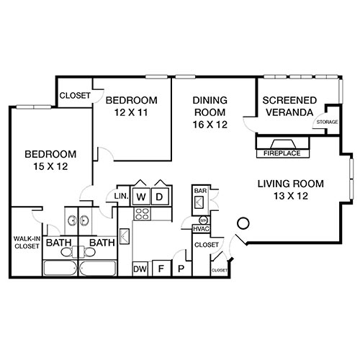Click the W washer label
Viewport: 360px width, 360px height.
point(142,196)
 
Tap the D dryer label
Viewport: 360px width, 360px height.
point(161,196)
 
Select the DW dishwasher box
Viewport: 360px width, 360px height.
point(140,269)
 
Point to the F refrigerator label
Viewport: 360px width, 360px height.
point(162,269)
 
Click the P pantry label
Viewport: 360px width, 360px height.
point(181,269)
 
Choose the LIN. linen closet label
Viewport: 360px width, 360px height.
point(120,196)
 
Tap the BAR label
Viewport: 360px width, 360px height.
point(199,191)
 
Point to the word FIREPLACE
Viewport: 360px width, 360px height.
point(282,153)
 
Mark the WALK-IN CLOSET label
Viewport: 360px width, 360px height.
point(26,243)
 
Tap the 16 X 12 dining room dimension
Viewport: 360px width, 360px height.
point(210,125)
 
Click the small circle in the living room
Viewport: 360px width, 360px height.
point(243,223)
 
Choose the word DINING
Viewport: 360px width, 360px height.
point(210,101)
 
